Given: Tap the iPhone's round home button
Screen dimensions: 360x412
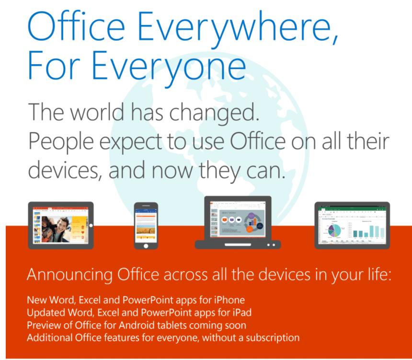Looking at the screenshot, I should (146, 245).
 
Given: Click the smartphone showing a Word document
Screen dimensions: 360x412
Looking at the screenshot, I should (146, 225).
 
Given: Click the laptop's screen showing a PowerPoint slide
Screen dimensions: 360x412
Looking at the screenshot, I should (238, 221).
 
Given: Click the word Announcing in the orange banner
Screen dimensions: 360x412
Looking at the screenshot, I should (70, 275).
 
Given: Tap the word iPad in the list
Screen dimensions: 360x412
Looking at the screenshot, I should (242, 313).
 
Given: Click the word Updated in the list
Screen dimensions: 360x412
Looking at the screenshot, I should (44, 313).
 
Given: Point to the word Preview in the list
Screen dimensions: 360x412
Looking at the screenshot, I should (43, 325).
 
